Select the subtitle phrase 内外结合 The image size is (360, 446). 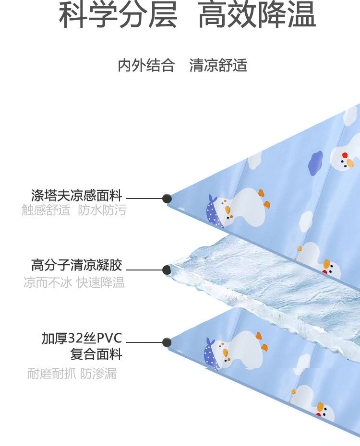tap(146, 65)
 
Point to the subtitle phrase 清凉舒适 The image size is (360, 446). tap(218, 65)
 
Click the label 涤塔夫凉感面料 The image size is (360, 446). tap(77, 196)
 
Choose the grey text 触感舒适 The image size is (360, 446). tap(46, 210)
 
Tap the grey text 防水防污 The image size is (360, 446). tap(102, 210)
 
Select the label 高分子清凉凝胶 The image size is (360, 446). tap(77, 265)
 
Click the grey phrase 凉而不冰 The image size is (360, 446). tap(48, 282)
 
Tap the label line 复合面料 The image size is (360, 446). tap(96, 355)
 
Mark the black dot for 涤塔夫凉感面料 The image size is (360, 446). tap(167, 198)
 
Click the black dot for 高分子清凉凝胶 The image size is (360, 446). tap(167, 270)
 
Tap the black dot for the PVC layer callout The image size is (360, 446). tap(167, 342)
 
